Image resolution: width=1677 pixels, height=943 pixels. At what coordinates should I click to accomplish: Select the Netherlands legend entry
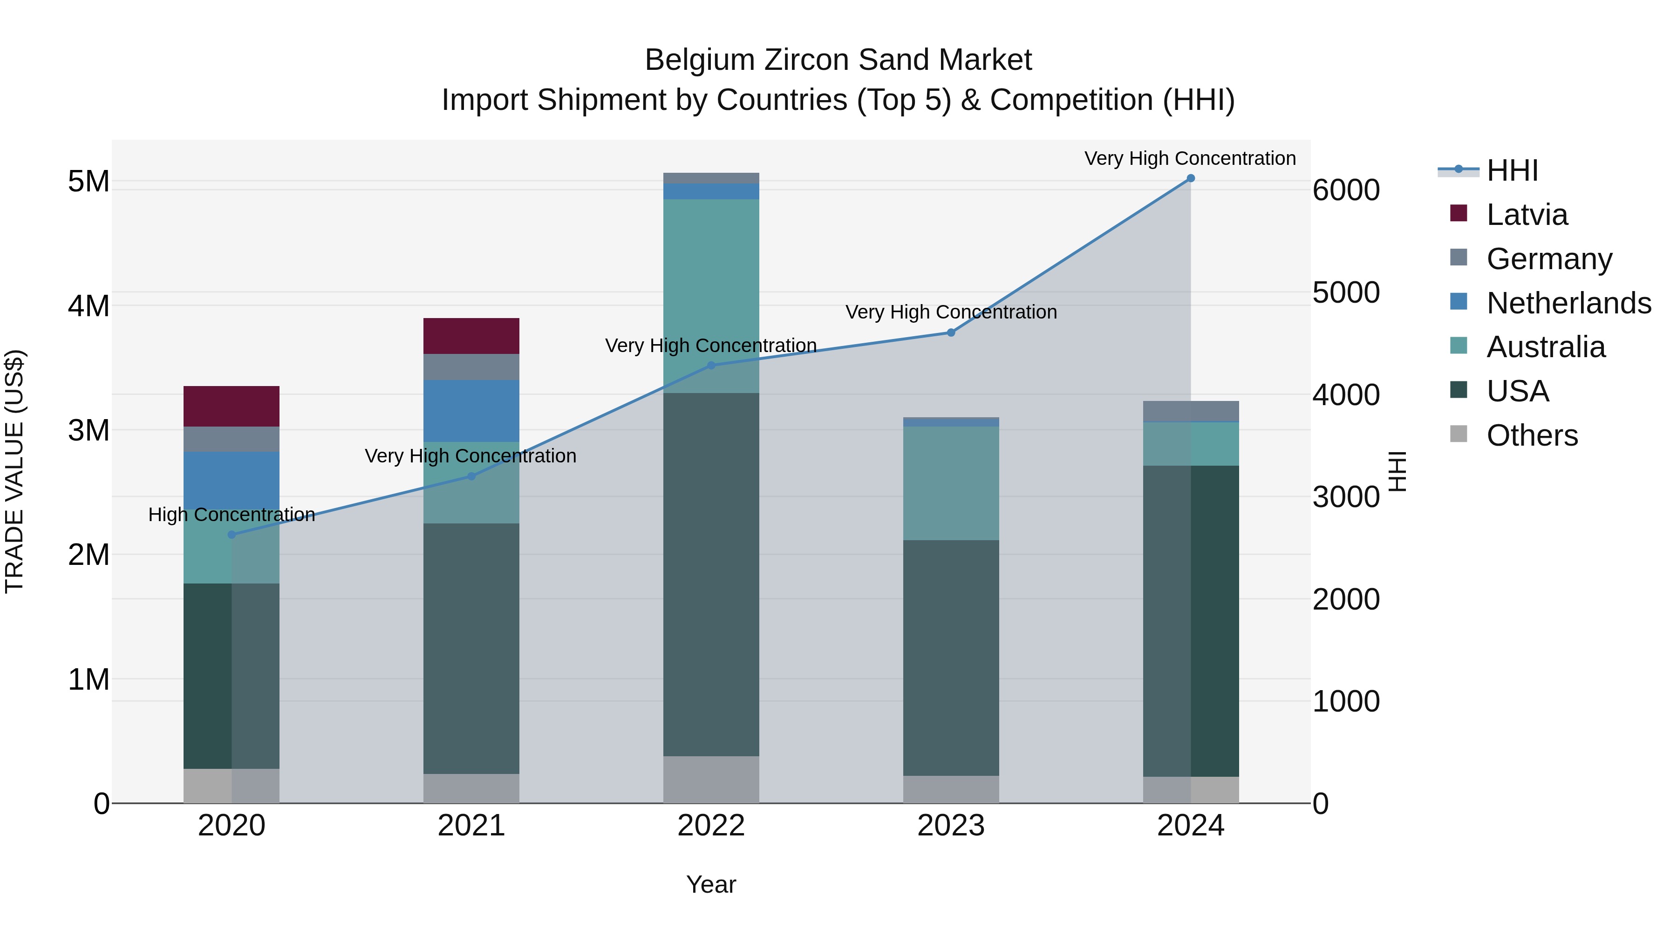[1568, 303]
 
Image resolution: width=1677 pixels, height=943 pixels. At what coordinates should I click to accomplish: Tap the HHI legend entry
[1512, 170]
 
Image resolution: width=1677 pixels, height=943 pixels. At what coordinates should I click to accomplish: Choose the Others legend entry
[1532, 435]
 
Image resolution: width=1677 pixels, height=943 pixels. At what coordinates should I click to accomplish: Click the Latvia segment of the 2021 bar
[471, 336]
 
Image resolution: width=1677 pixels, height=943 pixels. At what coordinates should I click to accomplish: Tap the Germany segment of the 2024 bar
[1191, 411]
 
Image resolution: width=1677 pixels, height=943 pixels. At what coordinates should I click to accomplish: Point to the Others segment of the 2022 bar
[711, 779]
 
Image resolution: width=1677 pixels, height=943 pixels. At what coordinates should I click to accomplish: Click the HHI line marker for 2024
[1191, 178]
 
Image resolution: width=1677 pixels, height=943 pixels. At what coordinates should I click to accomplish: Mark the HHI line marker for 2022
[711, 366]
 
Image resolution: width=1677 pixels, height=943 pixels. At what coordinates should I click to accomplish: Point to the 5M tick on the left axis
[89, 182]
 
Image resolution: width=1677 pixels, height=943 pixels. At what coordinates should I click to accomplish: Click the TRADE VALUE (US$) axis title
[14, 471]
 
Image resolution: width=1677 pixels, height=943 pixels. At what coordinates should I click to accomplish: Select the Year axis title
[711, 884]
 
